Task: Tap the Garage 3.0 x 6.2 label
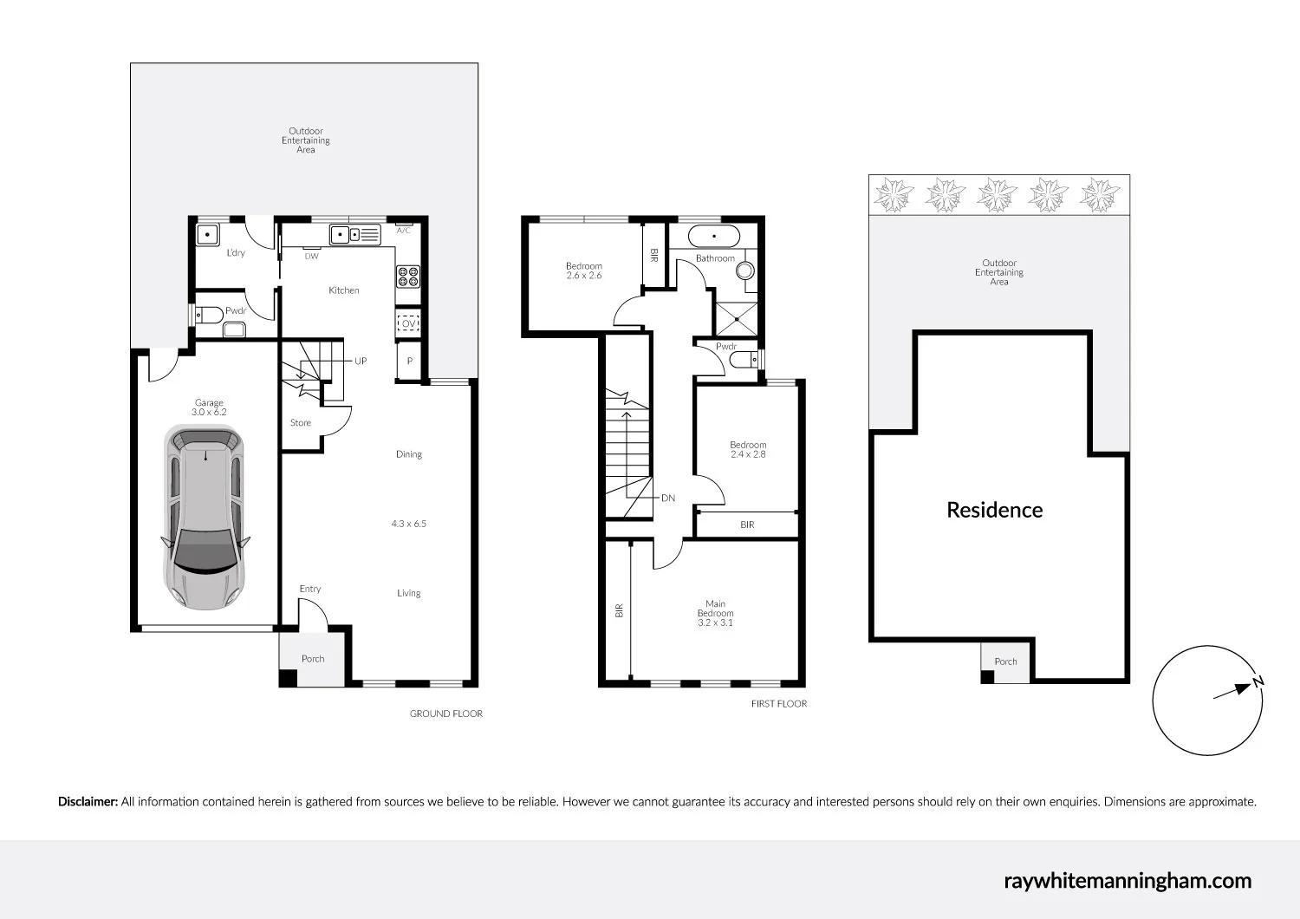point(210,407)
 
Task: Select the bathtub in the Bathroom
point(714,235)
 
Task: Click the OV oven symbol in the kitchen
point(408,324)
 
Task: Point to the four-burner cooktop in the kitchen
point(408,276)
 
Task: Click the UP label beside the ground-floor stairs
point(361,361)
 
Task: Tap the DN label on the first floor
point(668,499)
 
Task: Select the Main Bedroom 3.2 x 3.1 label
point(715,613)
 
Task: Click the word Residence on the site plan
point(994,510)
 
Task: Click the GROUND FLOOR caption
point(446,714)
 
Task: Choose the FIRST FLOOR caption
point(778,704)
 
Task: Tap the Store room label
point(301,423)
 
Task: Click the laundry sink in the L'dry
point(208,235)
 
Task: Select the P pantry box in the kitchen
point(409,362)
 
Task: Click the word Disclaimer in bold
point(88,802)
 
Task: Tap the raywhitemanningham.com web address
point(1128,881)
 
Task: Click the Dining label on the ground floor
point(409,454)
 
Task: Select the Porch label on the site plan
point(1005,662)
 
